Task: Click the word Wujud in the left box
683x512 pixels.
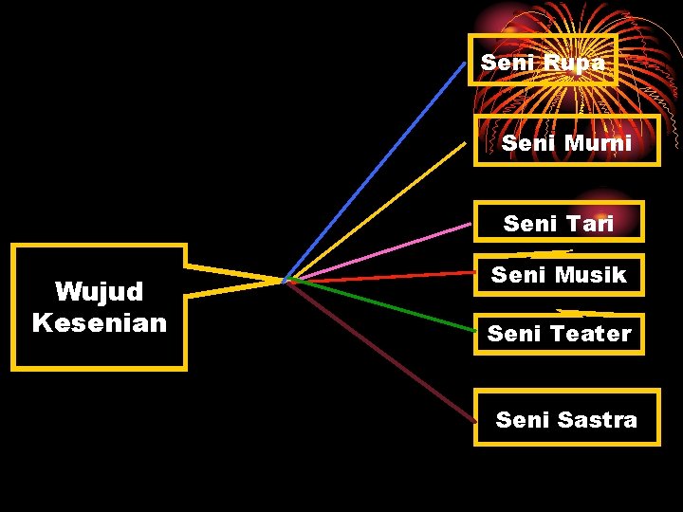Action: pos(99,290)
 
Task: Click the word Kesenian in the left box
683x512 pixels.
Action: pos(99,322)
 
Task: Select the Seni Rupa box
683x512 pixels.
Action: pos(543,61)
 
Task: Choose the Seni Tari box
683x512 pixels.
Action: pos(559,223)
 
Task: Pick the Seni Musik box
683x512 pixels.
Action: pos(559,275)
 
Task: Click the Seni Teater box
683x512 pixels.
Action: pos(559,334)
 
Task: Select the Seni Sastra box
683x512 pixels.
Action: pos(566,418)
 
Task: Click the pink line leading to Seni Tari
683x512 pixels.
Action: pos(379,252)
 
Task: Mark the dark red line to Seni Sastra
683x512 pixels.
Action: pos(379,351)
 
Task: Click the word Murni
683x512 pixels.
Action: pos(598,143)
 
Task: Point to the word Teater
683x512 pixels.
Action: pos(590,334)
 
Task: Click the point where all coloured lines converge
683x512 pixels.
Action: pos(285,281)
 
